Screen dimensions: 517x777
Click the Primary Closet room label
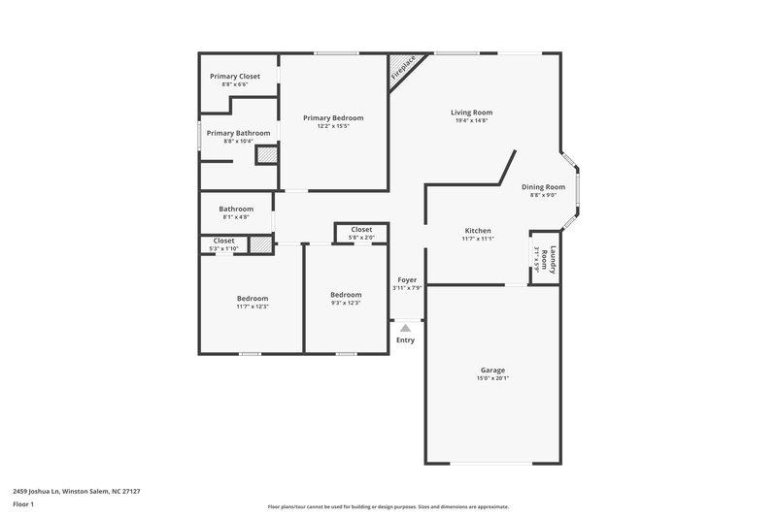point(235,76)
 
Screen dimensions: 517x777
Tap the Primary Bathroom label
point(238,133)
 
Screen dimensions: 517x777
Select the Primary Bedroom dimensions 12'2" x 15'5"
point(333,126)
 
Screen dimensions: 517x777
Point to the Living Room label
point(470,112)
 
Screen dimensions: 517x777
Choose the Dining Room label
point(543,186)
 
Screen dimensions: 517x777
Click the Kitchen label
point(478,230)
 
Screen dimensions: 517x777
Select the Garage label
point(492,370)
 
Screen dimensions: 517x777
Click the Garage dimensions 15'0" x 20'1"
point(492,379)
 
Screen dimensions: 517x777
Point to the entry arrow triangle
point(406,328)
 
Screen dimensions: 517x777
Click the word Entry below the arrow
point(406,339)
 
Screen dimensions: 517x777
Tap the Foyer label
point(406,279)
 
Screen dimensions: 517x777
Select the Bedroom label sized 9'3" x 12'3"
point(346,295)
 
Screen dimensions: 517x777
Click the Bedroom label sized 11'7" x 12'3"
point(253,298)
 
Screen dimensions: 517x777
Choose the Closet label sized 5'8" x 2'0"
point(361,230)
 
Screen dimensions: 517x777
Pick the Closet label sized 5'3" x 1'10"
point(223,241)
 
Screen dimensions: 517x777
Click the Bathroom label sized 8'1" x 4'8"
point(236,209)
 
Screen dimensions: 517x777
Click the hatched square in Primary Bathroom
point(265,154)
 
